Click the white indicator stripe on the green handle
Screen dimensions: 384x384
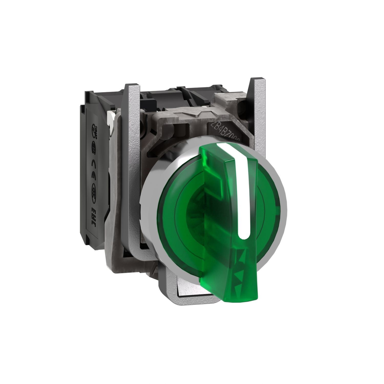(x=242, y=189)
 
